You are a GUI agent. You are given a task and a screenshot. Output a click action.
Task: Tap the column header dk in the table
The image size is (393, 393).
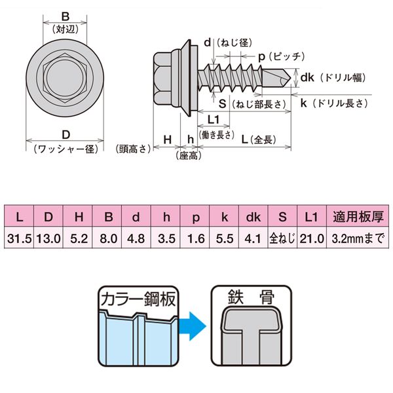254,217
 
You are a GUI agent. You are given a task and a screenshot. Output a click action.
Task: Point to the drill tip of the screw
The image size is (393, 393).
288,78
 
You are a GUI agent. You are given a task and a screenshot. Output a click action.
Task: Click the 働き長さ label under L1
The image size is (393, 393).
219,134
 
